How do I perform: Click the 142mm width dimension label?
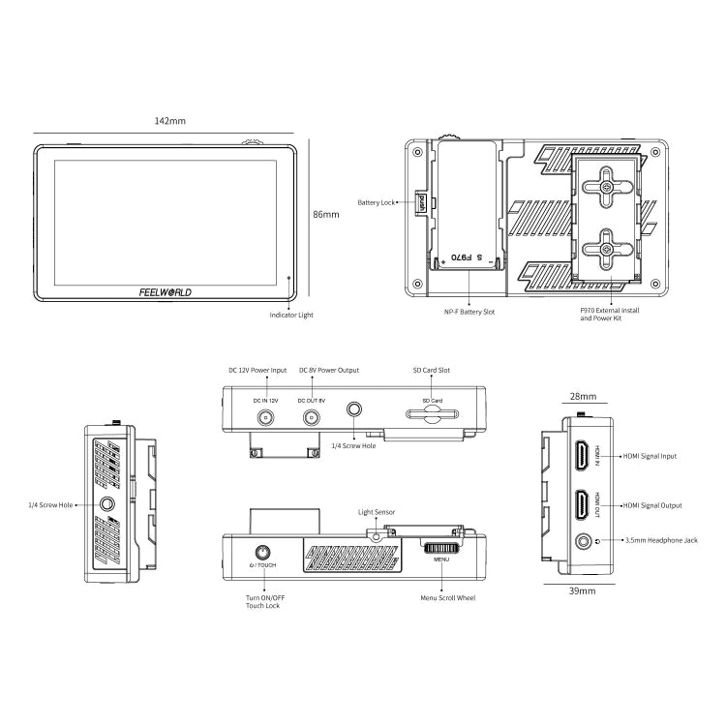click(170, 121)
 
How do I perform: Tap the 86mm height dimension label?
click(326, 214)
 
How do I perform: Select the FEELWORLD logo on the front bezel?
click(166, 292)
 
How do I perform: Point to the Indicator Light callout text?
click(291, 315)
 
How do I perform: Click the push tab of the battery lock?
click(420, 202)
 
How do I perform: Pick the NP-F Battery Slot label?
click(469, 312)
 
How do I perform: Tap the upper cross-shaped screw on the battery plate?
click(607, 187)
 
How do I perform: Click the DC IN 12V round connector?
click(265, 418)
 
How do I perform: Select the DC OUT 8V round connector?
click(312, 418)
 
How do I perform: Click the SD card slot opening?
click(432, 414)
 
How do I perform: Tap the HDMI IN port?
click(584, 456)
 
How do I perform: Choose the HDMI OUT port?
click(584, 505)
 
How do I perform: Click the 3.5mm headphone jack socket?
click(584, 541)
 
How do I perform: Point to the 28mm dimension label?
click(583, 396)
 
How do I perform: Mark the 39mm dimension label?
click(583, 590)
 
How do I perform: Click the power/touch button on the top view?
click(263, 553)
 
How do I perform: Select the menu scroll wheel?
click(441, 548)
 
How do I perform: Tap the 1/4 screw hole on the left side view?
click(106, 503)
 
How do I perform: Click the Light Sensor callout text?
click(377, 512)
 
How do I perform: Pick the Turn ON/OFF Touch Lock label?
click(263, 601)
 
